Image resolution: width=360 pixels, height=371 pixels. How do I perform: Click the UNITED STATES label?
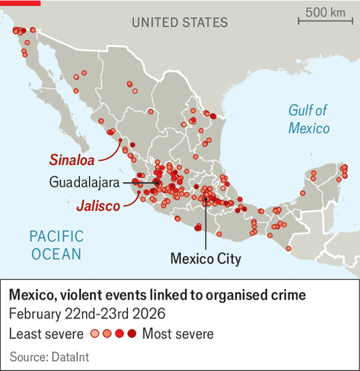(179, 23)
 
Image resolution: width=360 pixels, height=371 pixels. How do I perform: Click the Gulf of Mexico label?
(308, 119)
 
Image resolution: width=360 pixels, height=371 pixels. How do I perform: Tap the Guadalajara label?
(83, 182)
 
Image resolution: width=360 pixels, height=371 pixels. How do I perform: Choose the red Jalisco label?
(98, 206)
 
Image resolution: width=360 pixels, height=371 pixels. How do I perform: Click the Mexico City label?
(205, 259)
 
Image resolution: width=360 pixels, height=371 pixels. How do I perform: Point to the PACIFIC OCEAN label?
(56, 244)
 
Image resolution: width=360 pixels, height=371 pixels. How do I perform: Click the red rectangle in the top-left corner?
(20, 2)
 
